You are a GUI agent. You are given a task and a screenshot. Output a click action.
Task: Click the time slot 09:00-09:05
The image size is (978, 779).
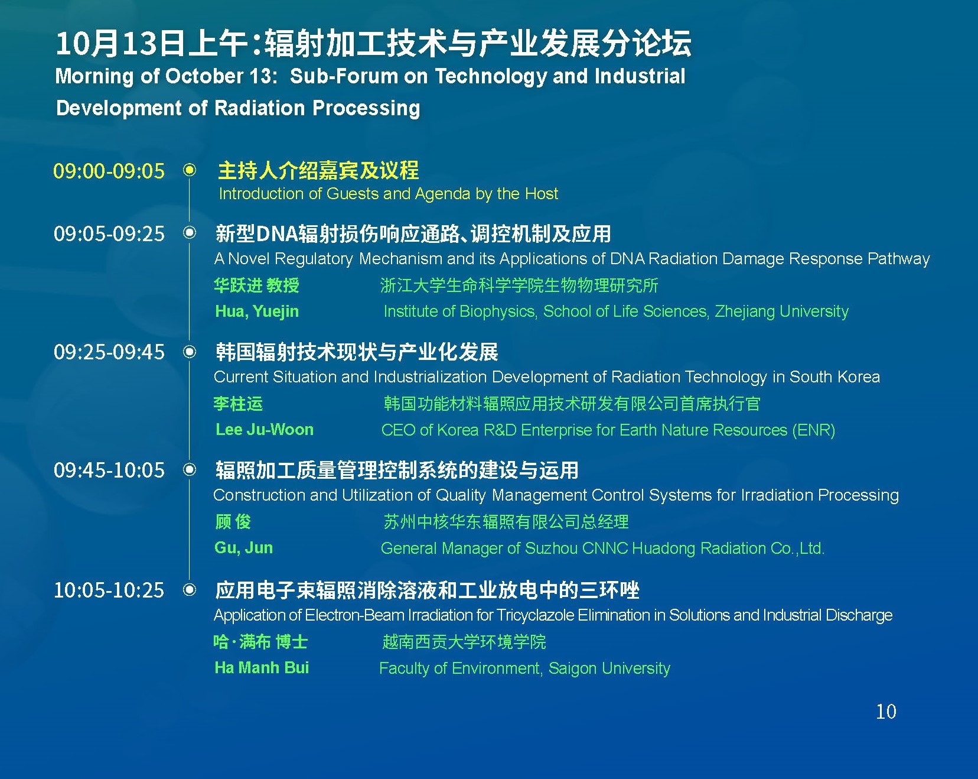(x=109, y=171)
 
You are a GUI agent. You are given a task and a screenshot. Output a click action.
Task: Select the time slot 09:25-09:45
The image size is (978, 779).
(x=109, y=352)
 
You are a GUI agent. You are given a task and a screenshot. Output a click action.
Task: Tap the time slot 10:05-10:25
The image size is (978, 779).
(x=109, y=590)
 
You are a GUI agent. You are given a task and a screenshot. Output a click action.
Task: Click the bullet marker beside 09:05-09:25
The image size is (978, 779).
(x=190, y=232)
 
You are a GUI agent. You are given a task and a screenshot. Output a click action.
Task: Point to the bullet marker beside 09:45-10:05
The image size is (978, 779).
(x=190, y=469)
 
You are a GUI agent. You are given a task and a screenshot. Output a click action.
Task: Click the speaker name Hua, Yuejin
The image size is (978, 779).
(x=257, y=311)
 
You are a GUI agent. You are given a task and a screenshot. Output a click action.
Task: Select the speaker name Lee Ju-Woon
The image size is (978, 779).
(x=265, y=430)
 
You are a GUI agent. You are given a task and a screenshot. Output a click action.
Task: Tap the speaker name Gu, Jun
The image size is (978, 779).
(x=244, y=548)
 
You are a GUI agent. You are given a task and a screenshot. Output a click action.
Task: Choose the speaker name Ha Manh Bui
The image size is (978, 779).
(x=262, y=668)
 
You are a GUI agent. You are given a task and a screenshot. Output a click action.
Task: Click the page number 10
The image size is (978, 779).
(x=886, y=711)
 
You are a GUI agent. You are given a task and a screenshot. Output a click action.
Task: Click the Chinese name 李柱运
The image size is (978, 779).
(x=238, y=404)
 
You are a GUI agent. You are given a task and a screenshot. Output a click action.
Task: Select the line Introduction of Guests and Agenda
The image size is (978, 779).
(x=388, y=194)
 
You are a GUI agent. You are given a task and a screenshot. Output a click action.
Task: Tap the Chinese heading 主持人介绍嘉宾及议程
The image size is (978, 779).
(x=318, y=171)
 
